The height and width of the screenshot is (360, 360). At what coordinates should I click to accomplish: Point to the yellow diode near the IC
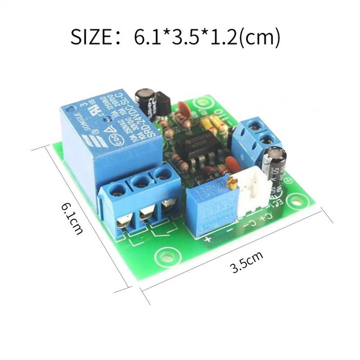212,125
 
